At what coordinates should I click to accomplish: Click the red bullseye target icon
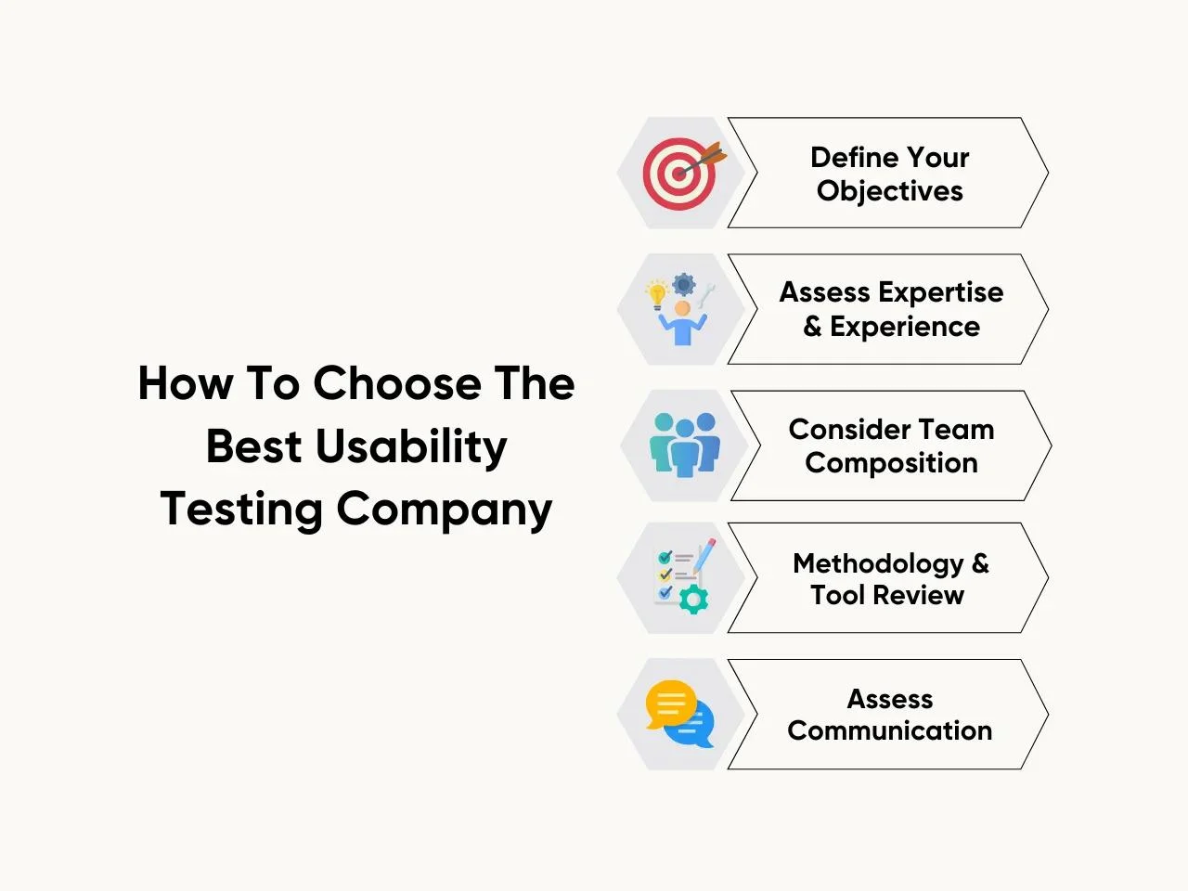point(679,174)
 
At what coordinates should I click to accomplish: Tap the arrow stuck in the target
point(702,161)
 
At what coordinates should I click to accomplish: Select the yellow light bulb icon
point(656,295)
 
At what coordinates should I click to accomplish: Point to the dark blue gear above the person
point(684,284)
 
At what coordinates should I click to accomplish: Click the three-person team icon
point(685,445)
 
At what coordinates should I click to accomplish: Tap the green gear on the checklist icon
point(693,599)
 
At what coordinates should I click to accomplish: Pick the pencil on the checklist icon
point(704,555)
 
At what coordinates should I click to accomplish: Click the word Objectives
point(890,191)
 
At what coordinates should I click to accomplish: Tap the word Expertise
point(941,293)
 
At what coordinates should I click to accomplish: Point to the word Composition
point(891,464)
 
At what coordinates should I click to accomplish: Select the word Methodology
point(878,564)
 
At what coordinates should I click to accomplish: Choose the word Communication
point(890,730)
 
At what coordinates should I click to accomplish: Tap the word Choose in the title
point(397,383)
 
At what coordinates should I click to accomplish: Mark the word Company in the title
point(445,510)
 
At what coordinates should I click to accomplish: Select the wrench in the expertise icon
point(706,296)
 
